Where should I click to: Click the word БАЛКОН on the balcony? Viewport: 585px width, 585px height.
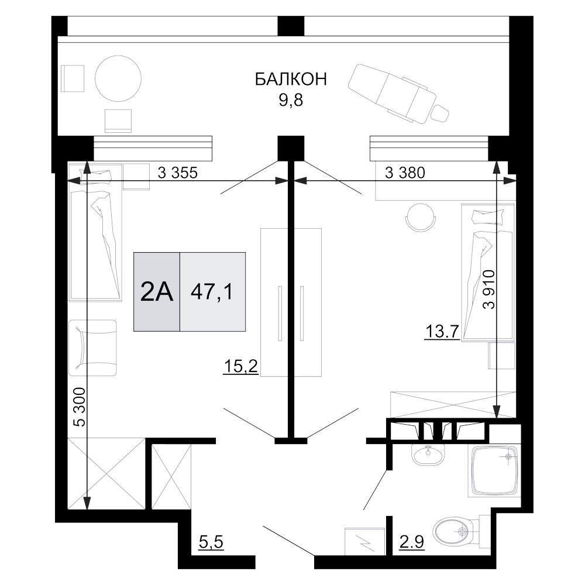click(x=291, y=80)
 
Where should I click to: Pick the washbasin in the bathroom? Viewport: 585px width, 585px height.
click(x=429, y=453)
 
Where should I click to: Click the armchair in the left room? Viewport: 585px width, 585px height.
click(x=94, y=347)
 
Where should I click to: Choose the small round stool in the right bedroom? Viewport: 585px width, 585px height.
click(x=420, y=217)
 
